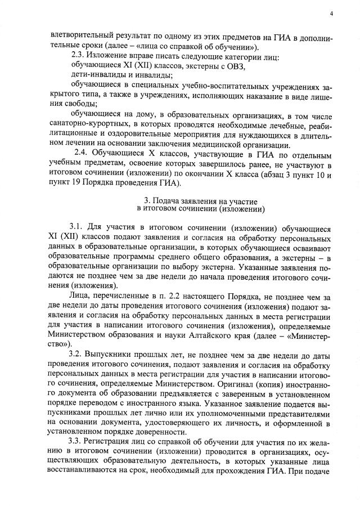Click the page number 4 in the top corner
[331, 13]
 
